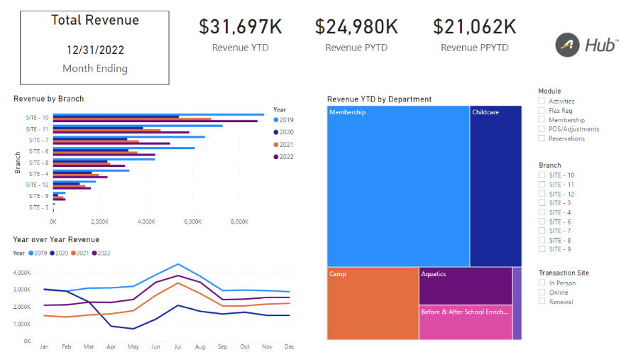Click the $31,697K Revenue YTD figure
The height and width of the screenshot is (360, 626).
click(240, 27)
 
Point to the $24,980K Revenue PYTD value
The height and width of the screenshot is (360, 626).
click(357, 27)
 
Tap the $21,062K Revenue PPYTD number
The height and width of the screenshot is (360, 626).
click(474, 27)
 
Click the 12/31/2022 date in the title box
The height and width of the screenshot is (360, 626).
click(94, 50)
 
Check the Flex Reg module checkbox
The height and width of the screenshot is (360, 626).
click(542, 111)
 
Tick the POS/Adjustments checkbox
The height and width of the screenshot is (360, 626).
click(542, 129)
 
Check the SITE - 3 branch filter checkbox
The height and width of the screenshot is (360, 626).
click(542, 203)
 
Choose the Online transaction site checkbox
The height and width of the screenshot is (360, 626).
click(542, 293)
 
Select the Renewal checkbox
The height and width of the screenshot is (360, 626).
click(542, 302)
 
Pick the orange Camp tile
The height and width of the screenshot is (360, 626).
click(373, 303)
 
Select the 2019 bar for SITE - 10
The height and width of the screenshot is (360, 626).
click(158, 114)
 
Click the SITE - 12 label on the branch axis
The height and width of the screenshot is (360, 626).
click(37, 185)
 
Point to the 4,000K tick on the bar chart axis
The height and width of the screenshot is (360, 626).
click(146, 222)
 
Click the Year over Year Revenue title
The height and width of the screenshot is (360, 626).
click(56, 240)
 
